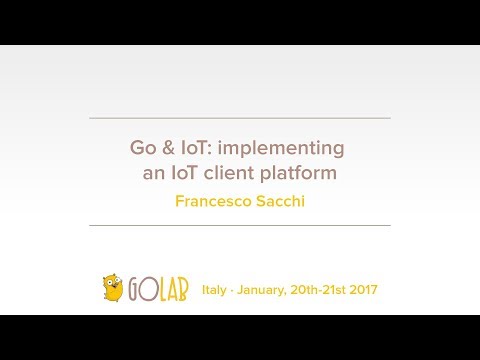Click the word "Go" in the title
(x=143, y=148)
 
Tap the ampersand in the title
(x=169, y=148)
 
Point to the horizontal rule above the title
(x=240, y=118)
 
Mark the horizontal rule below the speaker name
(x=240, y=225)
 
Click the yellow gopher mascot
(x=113, y=288)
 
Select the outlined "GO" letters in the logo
(x=139, y=290)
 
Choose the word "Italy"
(x=215, y=290)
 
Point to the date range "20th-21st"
(x=319, y=290)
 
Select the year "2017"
(x=363, y=290)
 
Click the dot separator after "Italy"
(x=233, y=290)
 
